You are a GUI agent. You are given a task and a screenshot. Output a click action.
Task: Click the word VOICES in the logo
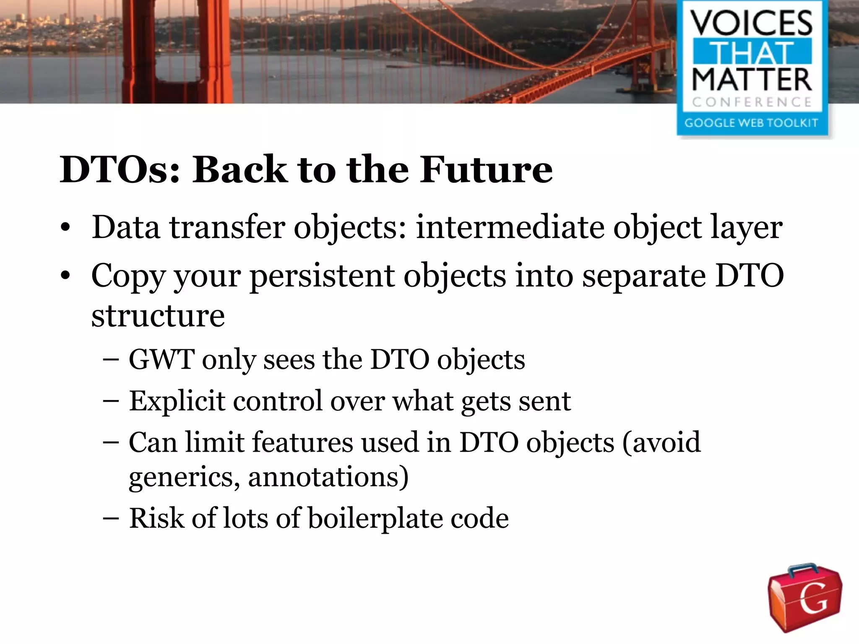[752, 23]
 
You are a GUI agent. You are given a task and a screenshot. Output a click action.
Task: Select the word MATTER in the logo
[752, 80]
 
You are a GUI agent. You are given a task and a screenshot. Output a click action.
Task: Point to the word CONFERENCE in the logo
[752, 102]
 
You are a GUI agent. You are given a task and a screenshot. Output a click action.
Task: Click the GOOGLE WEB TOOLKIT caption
[751, 123]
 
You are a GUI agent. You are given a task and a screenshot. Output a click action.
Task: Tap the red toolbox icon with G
[804, 597]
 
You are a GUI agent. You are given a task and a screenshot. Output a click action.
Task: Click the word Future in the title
[486, 169]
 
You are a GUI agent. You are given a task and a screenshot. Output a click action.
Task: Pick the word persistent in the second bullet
[322, 276]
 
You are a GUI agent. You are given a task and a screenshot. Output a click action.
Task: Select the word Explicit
[177, 401]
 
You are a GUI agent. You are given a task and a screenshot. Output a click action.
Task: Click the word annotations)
[328, 477]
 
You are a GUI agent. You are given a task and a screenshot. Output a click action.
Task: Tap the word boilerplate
[375, 518]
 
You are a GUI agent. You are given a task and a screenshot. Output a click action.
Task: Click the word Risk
[156, 518]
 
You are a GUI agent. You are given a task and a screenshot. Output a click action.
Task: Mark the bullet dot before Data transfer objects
[65, 229]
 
